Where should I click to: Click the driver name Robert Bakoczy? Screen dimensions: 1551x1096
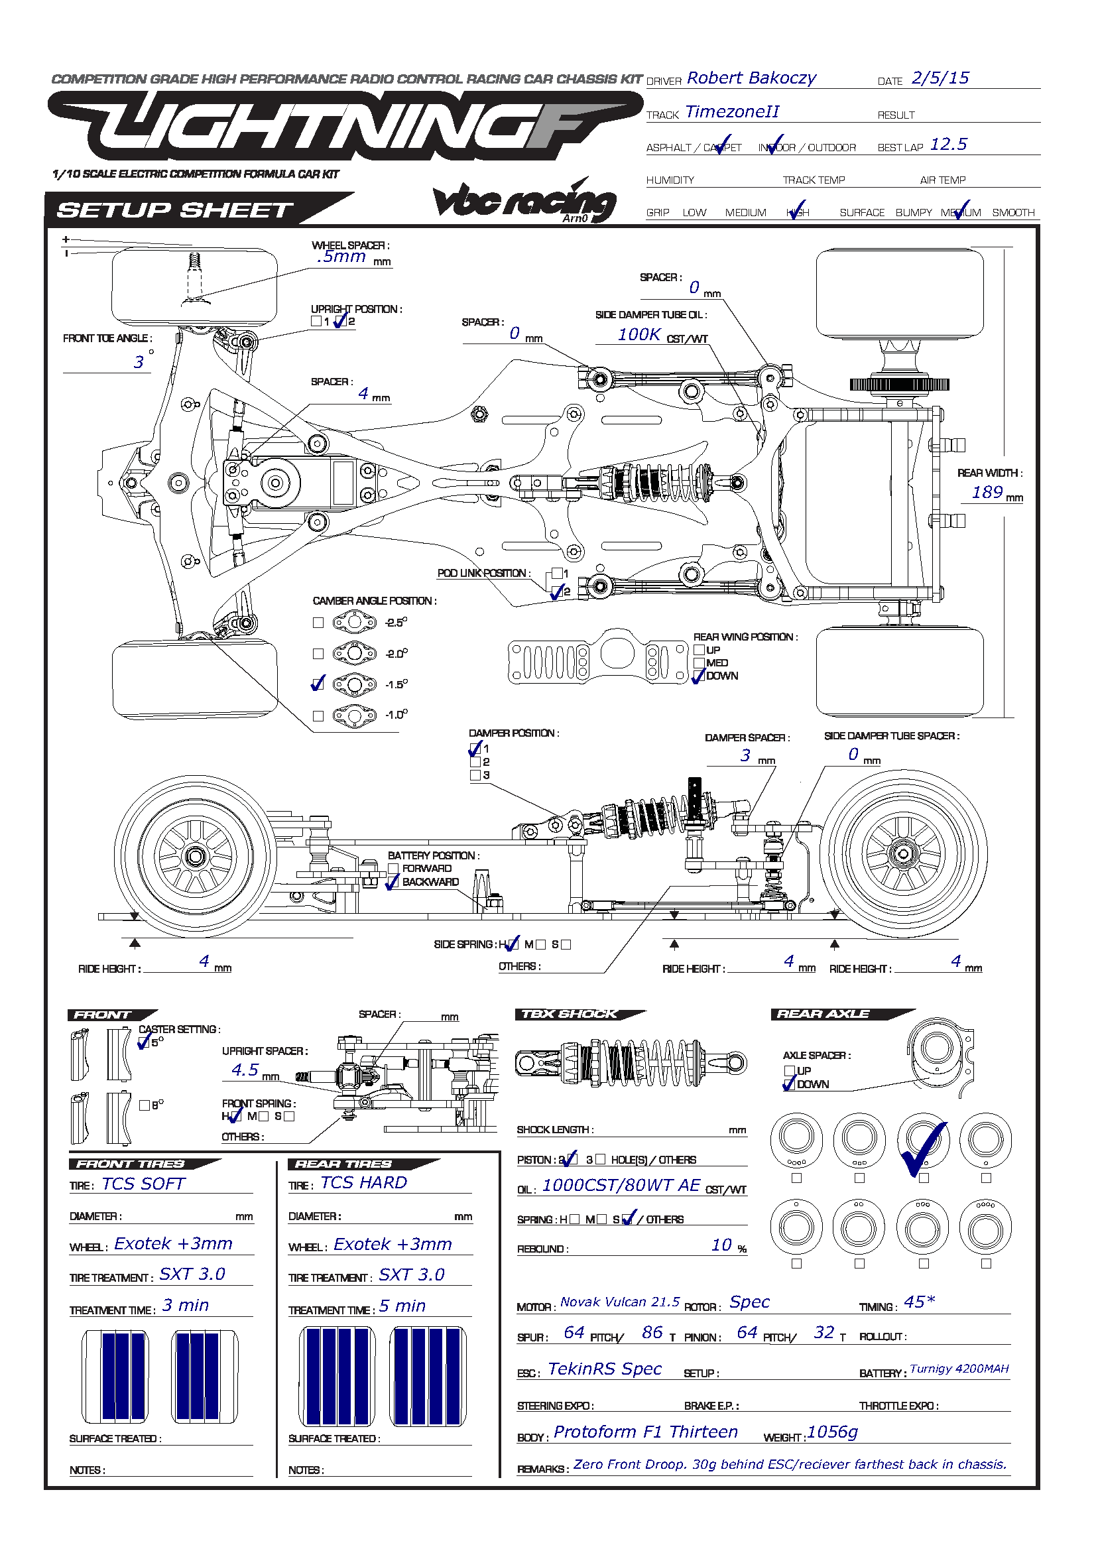(x=751, y=78)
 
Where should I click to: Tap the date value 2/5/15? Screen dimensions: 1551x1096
(x=940, y=78)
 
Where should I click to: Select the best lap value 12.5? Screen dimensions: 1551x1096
(x=948, y=145)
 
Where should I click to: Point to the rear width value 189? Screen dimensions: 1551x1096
(x=987, y=493)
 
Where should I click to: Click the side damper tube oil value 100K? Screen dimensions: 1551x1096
(x=639, y=334)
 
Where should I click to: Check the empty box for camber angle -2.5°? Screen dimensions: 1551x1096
(x=318, y=623)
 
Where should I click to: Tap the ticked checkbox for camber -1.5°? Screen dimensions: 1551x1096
(x=318, y=684)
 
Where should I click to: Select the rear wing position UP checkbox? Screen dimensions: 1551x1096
(x=699, y=650)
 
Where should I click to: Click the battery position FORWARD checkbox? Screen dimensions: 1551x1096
(x=393, y=869)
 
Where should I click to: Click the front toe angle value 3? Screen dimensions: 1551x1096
(x=139, y=363)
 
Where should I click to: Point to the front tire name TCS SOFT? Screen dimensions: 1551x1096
(x=143, y=1184)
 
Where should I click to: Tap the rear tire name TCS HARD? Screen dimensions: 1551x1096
(x=363, y=1183)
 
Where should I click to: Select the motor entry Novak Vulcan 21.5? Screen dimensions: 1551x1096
(x=619, y=1302)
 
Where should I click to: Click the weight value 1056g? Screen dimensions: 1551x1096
(x=832, y=1432)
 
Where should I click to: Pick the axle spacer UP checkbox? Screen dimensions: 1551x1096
(x=789, y=1071)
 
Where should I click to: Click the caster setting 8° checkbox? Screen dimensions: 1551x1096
(x=144, y=1106)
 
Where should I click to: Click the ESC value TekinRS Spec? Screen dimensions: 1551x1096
(x=605, y=1369)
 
